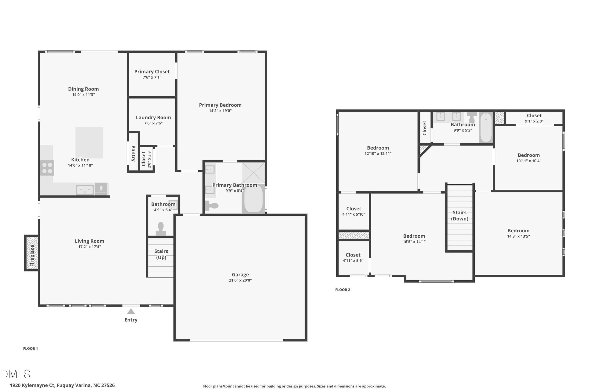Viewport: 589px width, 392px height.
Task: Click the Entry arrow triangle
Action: [131, 311]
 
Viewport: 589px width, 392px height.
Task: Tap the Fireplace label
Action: [32, 256]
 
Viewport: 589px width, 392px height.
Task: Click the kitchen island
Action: [90, 143]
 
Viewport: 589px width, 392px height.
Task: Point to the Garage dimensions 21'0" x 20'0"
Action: [240, 280]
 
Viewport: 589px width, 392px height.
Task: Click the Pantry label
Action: [133, 153]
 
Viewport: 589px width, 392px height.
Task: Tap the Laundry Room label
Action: [153, 118]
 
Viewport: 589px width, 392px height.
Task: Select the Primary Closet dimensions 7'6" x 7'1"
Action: [152, 77]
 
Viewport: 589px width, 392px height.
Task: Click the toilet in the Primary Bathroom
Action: [211, 206]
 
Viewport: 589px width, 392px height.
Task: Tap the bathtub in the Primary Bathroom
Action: [253, 198]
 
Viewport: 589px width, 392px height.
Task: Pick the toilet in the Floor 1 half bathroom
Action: [161, 229]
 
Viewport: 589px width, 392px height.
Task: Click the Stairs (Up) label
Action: [161, 254]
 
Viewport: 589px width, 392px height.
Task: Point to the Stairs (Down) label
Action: [459, 215]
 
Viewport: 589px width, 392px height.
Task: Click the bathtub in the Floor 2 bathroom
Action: [486, 127]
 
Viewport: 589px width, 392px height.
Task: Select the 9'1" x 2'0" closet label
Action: [534, 118]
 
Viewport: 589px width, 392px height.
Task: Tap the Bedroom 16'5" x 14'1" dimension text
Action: [414, 242]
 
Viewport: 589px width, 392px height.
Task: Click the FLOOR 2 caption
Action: [343, 290]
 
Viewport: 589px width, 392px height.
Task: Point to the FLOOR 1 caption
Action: [31, 349]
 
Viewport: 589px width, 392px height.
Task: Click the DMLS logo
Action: [16, 374]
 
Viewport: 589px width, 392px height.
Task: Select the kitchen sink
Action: [85, 190]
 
